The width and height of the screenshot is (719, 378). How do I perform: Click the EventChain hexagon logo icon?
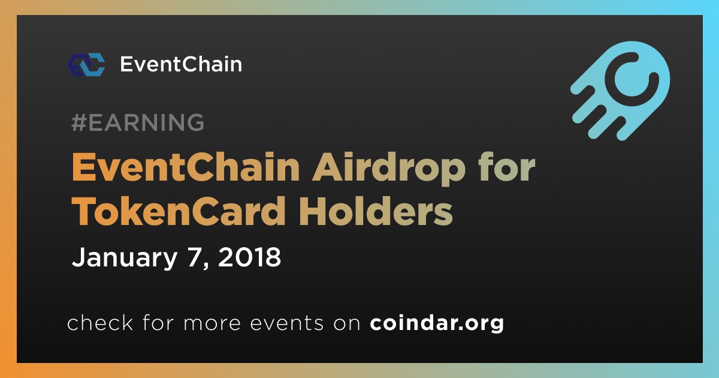pos(86,65)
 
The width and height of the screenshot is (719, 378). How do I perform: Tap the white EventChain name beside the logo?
pos(181,64)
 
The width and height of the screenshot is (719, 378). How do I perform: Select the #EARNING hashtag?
pos(138,122)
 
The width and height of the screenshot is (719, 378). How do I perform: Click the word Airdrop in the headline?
pos(389,168)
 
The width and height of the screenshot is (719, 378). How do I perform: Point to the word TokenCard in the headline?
pos(179,211)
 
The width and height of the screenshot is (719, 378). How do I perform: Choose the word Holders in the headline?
pos(376,211)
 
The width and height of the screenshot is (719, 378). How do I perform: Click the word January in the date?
pos(125,258)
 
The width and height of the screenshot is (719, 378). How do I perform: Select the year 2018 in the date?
pos(249,257)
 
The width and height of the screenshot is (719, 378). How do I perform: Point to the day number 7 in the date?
pos(195,257)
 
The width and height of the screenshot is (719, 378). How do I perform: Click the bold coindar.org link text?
pos(437,323)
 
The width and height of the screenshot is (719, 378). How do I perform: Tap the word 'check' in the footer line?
pos(100,322)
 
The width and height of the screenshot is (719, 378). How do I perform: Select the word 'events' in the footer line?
pos(286,323)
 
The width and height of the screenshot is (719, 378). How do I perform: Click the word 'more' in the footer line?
pos(212,323)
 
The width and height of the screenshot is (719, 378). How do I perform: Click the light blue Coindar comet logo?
pos(620,91)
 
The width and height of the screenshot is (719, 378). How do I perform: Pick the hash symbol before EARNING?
pos(78,122)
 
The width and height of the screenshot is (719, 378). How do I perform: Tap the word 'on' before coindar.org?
pos(347,323)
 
